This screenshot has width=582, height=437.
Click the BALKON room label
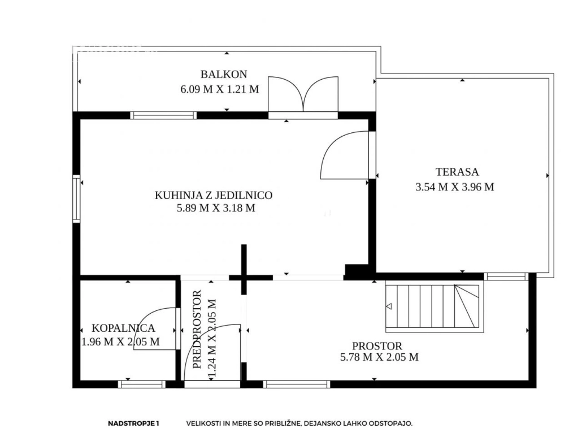point(223,74)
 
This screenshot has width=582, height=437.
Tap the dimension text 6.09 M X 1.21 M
point(219,89)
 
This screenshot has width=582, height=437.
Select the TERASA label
point(457,172)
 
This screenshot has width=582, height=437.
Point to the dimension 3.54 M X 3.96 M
point(455,187)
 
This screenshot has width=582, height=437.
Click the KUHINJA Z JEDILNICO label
point(214,195)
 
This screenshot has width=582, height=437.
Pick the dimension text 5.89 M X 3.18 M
point(216,208)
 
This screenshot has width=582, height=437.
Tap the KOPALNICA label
point(123,328)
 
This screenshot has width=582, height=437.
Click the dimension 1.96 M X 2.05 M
point(120,341)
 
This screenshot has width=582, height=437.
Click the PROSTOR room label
point(377,346)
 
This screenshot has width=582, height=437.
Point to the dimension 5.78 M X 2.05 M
point(379,357)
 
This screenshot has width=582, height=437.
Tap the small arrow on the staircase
point(389,306)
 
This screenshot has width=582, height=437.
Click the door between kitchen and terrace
point(345,155)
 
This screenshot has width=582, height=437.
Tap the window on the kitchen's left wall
point(76,198)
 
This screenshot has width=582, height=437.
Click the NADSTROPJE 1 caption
point(133,423)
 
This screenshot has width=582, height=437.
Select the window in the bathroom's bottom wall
point(141,384)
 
